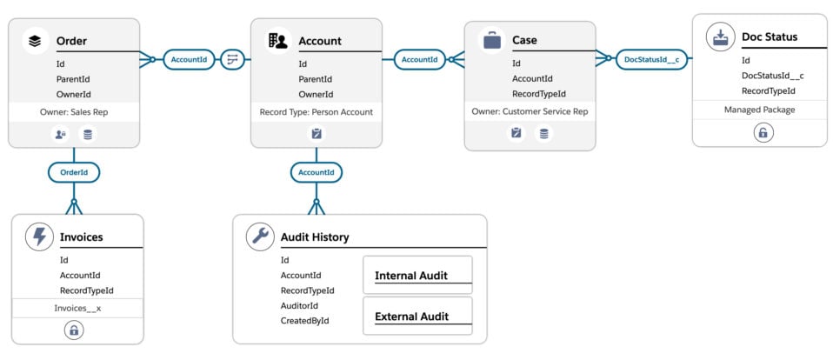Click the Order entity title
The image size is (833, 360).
coord(71,41)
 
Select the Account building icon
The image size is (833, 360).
coord(277,40)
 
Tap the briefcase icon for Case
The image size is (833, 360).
coord(491,39)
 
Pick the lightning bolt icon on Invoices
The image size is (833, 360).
coord(37,237)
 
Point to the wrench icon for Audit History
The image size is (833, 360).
coord(259,237)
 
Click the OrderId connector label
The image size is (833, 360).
coord(74,172)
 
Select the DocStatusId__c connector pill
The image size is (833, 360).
coord(652,59)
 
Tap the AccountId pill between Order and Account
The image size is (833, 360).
coord(189,59)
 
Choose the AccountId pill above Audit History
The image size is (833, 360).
coord(316,172)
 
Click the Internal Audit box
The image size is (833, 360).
coord(416,275)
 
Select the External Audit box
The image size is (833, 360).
coord(416,317)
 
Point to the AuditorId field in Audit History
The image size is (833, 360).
coord(299,305)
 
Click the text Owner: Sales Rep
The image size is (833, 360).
coord(74,112)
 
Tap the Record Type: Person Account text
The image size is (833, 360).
coord(316,112)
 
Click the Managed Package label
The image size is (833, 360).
coord(759,110)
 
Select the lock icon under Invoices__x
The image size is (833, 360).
coord(74,330)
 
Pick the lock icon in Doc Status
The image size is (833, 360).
coord(762,133)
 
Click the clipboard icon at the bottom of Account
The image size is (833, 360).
coord(317,134)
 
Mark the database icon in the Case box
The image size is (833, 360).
coord(543,133)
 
